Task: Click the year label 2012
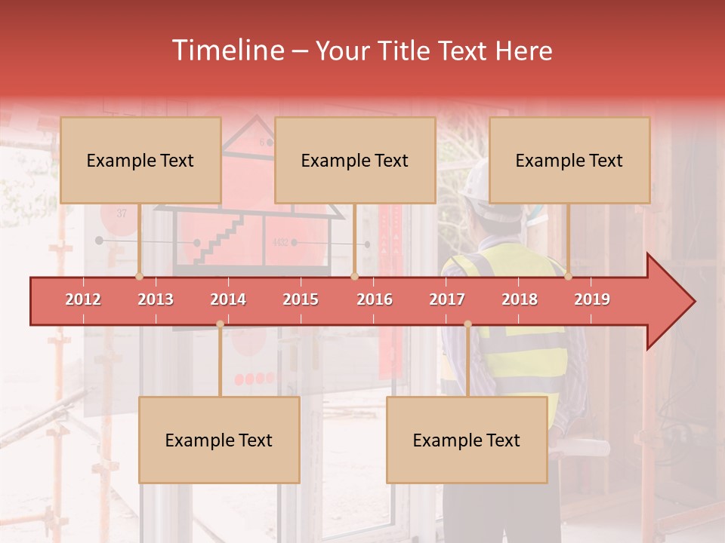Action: click(83, 299)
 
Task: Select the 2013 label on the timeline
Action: click(156, 299)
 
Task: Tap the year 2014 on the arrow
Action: click(228, 299)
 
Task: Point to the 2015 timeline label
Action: click(301, 299)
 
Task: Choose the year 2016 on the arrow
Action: click(375, 299)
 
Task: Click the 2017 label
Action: click(447, 299)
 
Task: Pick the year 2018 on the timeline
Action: click(520, 299)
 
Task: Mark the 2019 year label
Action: click(592, 299)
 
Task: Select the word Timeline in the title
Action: click(227, 51)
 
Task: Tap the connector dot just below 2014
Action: click(220, 324)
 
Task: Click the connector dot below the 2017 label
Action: click(467, 324)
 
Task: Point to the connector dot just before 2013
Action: click(139, 276)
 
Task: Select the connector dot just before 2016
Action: click(354, 276)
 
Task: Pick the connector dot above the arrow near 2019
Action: click(568, 276)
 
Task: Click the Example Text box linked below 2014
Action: click(219, 440)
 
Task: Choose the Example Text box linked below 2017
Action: click(467, 440)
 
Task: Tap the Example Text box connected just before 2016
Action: click(354, 160)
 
